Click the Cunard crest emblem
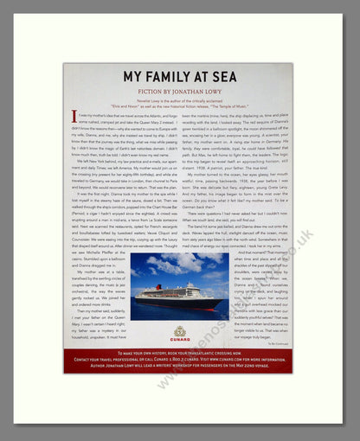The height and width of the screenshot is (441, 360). point(180,332)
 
